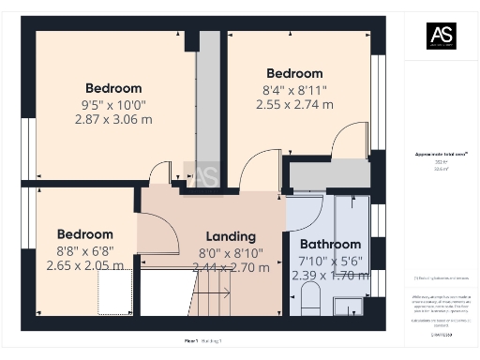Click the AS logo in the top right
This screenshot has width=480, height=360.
pos(442,36)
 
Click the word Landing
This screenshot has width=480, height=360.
pos(229,237)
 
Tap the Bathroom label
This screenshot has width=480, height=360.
pos(330,245)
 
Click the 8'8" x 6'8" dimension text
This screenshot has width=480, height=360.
pos(84,250)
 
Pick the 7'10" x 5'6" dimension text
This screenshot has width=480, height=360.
pos(330,261)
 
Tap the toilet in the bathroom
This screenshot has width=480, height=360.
pos(311,300)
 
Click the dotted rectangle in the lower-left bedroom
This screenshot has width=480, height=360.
pos(116,294)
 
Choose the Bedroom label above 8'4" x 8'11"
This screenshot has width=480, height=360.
pos(294,73)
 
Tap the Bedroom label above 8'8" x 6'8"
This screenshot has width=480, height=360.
pos(84,234)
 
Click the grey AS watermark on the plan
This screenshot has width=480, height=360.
pos(204,174)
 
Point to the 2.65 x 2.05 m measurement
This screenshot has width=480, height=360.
pos(84,266)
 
